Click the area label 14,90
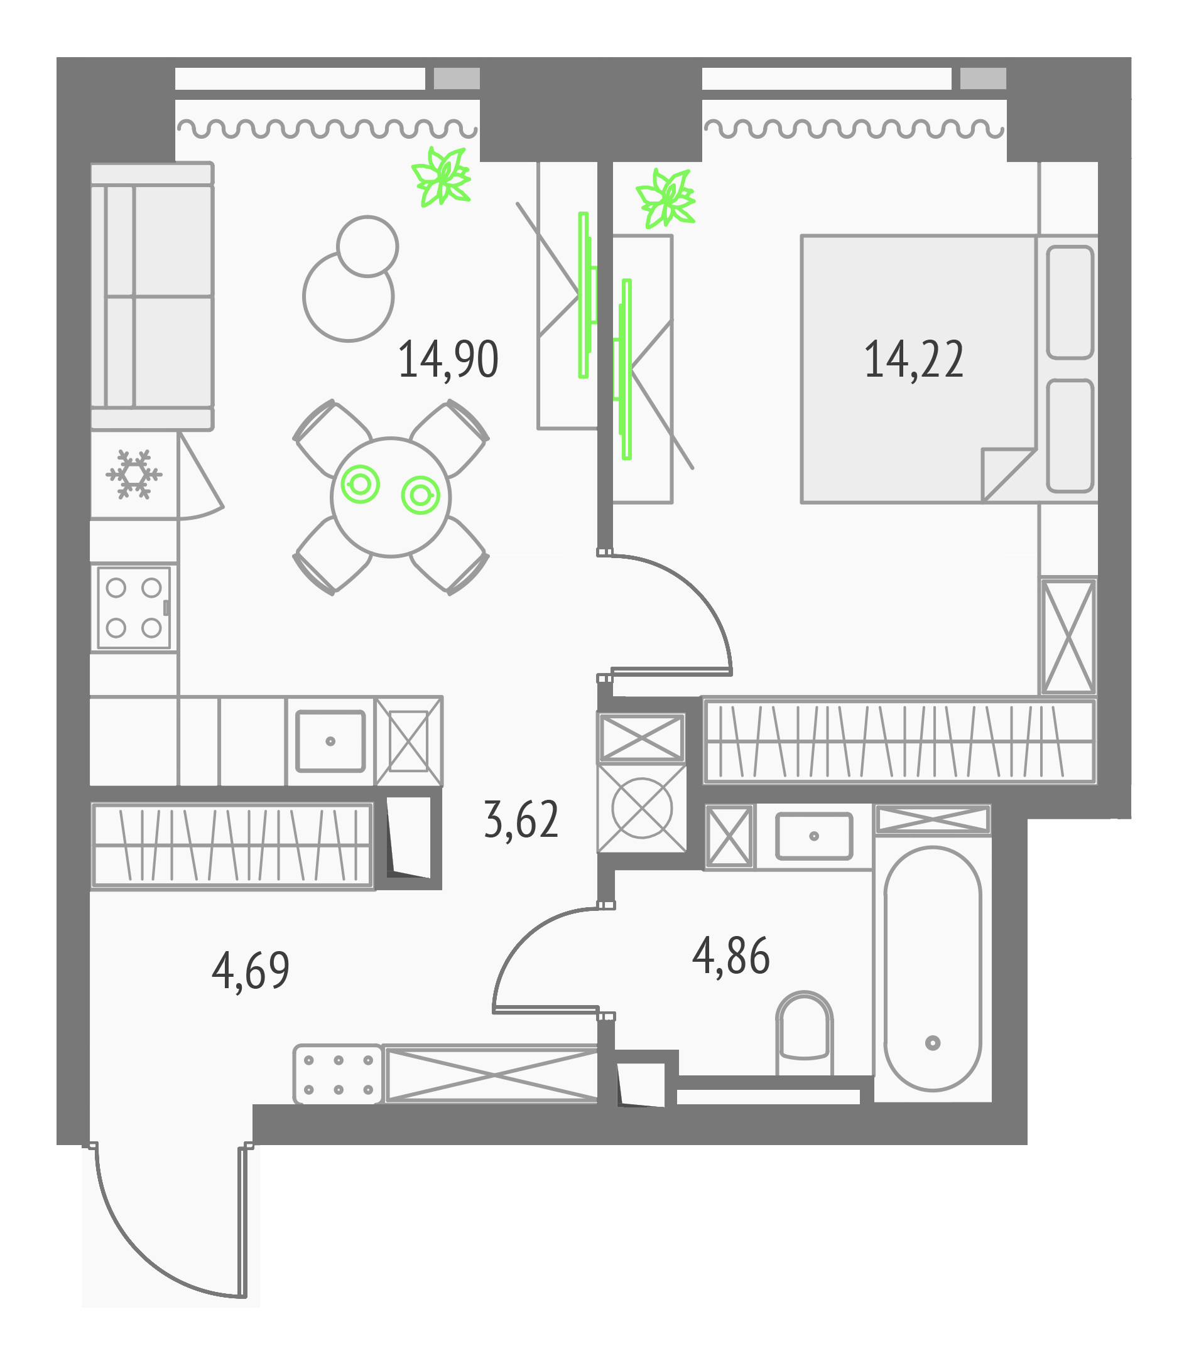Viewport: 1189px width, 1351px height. (x=448, y=360)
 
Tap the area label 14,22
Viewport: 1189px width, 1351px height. (x=913, y=360)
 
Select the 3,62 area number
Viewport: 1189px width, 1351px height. (x=521, y=820)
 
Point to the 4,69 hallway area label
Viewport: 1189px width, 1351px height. (x=251, y=970)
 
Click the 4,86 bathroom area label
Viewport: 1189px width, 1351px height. (x=730, y=955)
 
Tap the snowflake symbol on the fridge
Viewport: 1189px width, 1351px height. (x=134, y=474)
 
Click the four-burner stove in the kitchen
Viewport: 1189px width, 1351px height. (x=134, y=608)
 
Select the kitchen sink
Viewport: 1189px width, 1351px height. (x=330, y=741)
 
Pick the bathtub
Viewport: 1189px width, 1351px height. (x=932, y=968)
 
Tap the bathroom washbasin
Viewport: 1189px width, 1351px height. (x=813, y=836)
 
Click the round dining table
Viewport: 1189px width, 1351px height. (x=391, y=497)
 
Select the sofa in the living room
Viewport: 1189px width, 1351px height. (x=152, y=296)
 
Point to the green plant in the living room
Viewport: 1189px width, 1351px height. (x=441, y=176)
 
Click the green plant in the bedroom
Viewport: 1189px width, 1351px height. (x=666, y=198)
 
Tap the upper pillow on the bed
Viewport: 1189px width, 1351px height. (x=1069, y=302)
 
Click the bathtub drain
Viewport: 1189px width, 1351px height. (x=932, y=1043)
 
